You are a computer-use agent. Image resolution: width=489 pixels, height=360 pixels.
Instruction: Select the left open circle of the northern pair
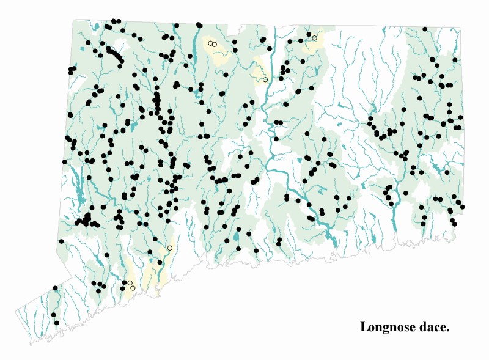(210, 43)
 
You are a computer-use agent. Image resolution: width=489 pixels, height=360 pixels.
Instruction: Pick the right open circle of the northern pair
(215, 44)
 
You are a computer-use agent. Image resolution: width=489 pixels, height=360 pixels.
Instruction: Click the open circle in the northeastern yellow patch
(314, 38)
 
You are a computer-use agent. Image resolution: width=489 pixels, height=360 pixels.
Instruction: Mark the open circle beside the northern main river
(265, 79)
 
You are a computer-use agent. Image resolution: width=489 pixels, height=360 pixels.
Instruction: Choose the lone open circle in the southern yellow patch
(169, 248)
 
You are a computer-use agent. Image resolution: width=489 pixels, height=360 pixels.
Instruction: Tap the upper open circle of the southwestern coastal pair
(130, 283)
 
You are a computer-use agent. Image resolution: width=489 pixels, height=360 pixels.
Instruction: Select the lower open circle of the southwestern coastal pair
(133, 288)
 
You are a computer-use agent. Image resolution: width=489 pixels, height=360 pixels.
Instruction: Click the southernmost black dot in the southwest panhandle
(57, 322)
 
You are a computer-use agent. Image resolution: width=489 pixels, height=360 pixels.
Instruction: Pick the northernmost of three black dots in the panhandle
(55, 287)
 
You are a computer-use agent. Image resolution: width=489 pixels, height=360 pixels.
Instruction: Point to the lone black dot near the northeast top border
(425, 29)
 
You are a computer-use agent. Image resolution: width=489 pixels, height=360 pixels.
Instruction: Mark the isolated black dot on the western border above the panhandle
(62, 241)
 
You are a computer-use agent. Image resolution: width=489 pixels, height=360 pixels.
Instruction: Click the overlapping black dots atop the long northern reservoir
(199, 25)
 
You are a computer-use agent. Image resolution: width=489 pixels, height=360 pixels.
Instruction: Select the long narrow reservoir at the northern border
(195, 46)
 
